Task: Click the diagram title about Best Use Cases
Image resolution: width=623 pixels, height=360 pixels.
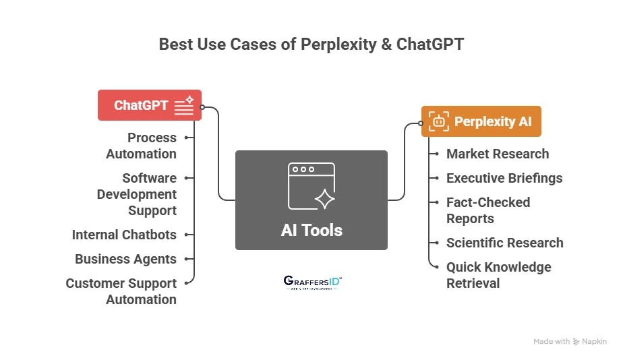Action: [x=311, y=44]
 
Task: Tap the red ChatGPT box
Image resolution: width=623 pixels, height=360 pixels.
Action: [x=150, y=105]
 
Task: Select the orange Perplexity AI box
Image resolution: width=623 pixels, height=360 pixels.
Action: [x=481, y=121]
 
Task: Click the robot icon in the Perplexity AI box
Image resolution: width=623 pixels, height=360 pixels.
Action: [x=439, y=121]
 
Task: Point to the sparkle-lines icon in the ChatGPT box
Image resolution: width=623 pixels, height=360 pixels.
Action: [x=184, y=105]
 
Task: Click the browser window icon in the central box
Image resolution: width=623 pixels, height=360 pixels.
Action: [x=311, y=186]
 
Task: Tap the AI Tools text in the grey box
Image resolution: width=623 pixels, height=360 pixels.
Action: [x=311, y=230]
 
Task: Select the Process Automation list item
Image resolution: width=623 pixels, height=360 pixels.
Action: [x=142, y=146]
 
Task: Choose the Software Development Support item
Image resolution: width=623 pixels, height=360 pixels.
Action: [x=137, y=194]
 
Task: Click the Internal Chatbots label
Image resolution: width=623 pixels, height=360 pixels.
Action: [x=124, y=235]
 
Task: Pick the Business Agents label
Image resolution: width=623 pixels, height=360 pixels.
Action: [x=125, y=259]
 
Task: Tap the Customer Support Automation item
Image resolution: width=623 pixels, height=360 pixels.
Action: [x=121, y=291]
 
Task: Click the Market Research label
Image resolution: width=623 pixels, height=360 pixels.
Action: [x=498, y=154]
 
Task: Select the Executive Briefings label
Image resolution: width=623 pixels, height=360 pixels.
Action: [x=504, y=178]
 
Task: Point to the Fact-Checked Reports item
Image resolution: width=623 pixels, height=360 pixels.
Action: [x=488, y=210]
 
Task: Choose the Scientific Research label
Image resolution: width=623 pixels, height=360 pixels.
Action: [x=504, y=243]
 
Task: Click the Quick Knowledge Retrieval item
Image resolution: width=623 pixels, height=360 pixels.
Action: [x=498, y=275]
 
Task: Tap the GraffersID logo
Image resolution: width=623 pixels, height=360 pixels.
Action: [x=311, y=282]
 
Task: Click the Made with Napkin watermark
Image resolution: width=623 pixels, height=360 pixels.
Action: [x=570, y=342]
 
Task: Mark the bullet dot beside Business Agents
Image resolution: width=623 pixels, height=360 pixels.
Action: [x=186, y=259]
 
